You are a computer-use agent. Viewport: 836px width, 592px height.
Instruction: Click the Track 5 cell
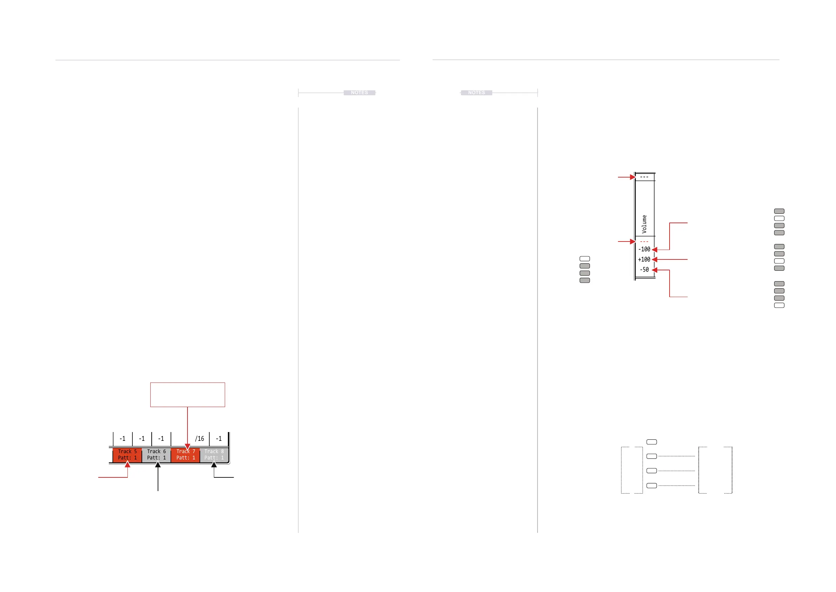(127, 455)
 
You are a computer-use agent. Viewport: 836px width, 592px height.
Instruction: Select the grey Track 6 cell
(156, 455)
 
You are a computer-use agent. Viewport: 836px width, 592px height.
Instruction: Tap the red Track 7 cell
(185, 455)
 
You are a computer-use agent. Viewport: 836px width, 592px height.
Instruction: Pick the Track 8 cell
(214, 455)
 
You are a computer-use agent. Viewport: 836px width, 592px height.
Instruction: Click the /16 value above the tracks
(199, 438)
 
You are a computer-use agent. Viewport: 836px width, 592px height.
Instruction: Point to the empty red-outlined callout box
(187, 394)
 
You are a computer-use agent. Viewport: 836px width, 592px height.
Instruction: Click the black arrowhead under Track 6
(158, 465)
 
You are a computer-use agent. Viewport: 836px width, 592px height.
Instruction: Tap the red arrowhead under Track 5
(127, 464)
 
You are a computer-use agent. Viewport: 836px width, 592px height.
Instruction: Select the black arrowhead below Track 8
(214, 465)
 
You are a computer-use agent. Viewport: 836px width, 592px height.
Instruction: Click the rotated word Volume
(644, 224)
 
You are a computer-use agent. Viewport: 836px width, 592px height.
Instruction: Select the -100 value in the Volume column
(644, 249)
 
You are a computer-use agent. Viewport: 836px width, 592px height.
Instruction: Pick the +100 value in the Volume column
(644, 259)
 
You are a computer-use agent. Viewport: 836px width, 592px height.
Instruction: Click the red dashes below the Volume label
(644, 242)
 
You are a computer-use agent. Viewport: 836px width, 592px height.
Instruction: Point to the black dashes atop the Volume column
(644, 177)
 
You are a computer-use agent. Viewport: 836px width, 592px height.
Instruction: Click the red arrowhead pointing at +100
(654, 259)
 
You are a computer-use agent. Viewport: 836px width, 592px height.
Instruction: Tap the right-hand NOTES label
(476, 92)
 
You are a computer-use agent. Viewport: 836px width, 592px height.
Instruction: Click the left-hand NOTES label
(360, 92)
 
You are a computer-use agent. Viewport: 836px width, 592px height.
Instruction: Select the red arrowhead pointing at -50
(654, 270)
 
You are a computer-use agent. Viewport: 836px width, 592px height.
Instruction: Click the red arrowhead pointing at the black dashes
(633, 177)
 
